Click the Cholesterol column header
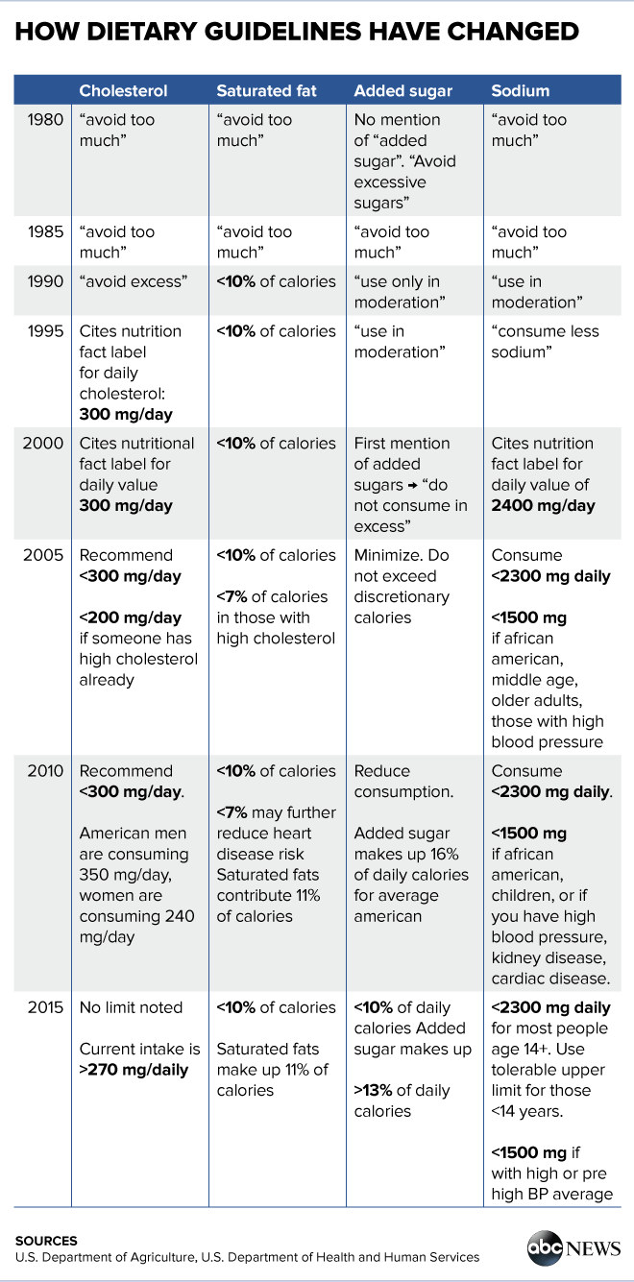coord(123,90)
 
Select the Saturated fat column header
coord(266,90)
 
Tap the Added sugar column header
coord(403,91)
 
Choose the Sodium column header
coord(520,90)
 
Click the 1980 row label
coord(45,120)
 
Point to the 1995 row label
coord(45,331)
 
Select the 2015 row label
coord(45,1007)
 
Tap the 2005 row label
coord(43,555)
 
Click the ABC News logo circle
coord(545,1248)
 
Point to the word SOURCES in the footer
coord(46,1241)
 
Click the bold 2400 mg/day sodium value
coord(543,506)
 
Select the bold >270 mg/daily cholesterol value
coord(134,1070)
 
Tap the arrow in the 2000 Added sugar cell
coord(412,485)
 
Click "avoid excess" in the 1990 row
coord(134,281)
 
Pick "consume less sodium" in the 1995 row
coord(546,342)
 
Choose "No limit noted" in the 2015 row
coord(131,1007)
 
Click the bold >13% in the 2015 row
coord(373,1091)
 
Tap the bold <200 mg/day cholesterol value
coord(130,618)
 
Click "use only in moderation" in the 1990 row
coord(400,292)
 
